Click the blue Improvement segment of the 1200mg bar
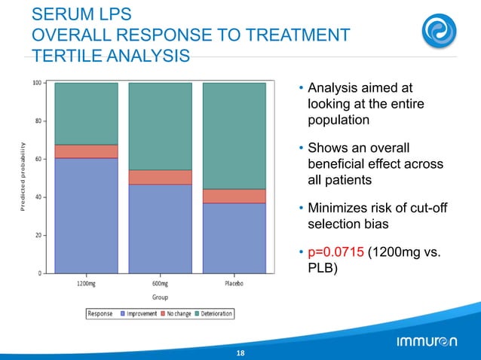coord(86,215)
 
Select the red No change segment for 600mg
coord(160,177)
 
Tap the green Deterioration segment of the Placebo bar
coord(234,136)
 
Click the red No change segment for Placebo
coord(234,196)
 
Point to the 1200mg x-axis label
coord(86,284)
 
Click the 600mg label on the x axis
coord(160,284)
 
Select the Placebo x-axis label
coord(234,284)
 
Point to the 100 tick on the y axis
coord(36,83)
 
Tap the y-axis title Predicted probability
coord(23,178)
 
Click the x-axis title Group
coord(160,297)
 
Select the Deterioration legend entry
coord(213,313)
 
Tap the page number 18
coord(240,352)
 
